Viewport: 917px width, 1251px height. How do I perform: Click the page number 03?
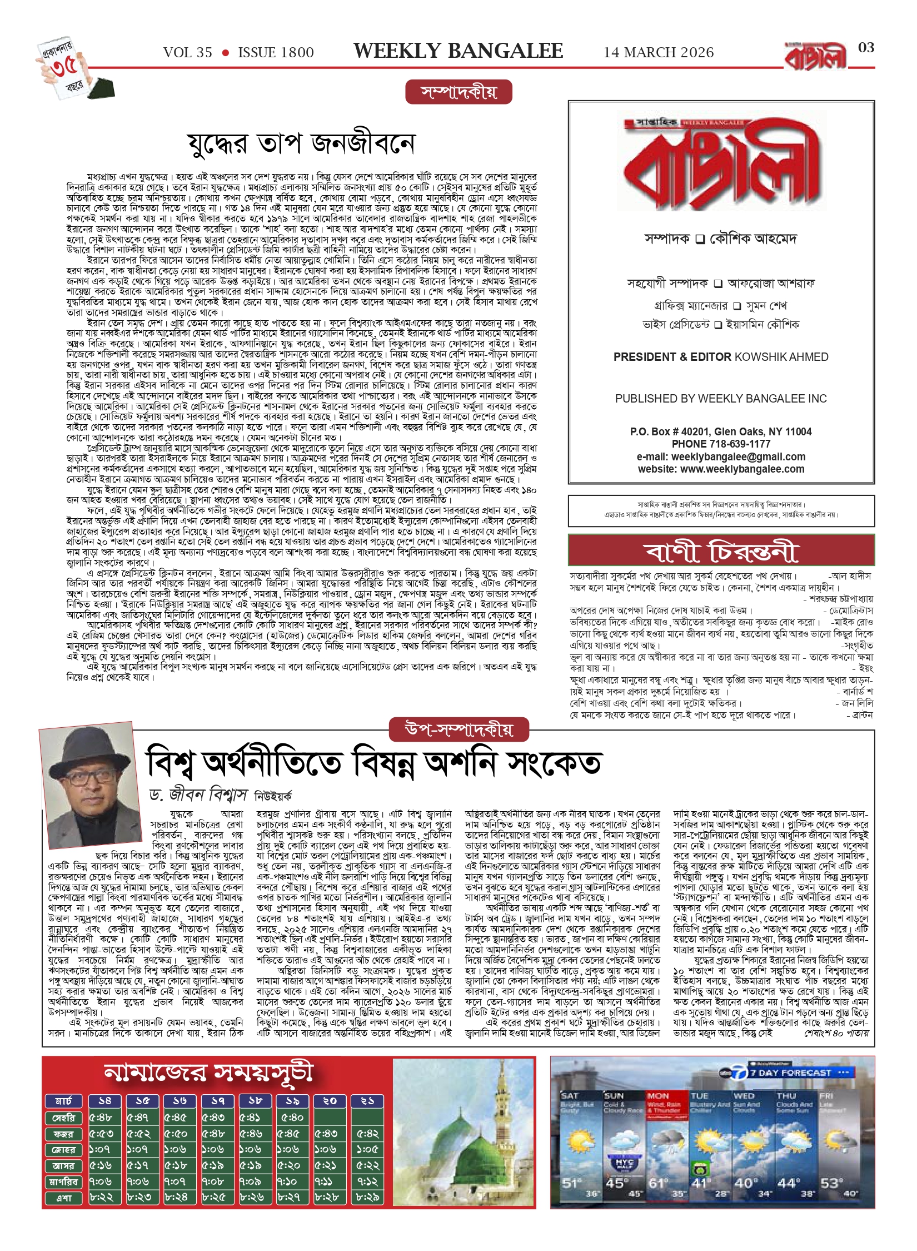[866, 48]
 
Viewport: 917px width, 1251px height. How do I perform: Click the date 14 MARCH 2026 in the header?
[659, 53]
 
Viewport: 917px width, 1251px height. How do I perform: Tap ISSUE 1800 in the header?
[276, 53]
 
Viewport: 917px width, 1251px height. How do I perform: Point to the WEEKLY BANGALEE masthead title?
[458, 51]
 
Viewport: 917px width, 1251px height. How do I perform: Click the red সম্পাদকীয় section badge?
[458, 92]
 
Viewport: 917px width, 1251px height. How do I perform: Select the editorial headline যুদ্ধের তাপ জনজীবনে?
[301, 144]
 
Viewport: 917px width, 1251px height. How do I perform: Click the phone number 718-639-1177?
[740, 444]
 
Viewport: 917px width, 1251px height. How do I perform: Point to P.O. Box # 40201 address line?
[721, 431]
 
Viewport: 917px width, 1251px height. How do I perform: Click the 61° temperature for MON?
[657, 1183]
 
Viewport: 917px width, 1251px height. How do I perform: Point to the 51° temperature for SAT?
[571, 1183]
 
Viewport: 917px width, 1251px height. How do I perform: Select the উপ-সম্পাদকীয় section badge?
[459, 729]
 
